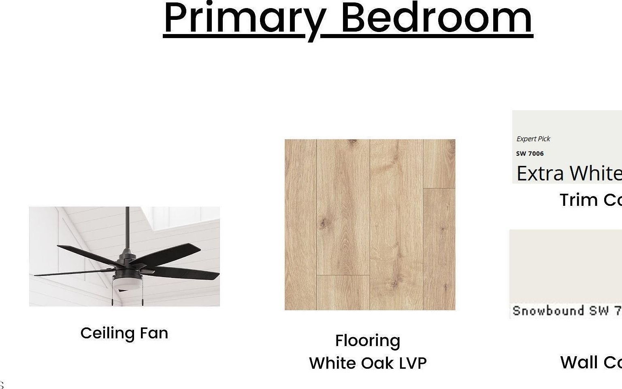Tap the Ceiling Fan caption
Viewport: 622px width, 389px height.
(124, 333)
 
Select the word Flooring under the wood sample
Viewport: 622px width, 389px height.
(368, 340)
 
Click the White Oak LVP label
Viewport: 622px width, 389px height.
(368, 363)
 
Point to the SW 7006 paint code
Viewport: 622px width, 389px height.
(530, 154)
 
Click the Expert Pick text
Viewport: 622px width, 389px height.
(533, 139)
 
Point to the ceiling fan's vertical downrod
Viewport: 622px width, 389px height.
(127, 227)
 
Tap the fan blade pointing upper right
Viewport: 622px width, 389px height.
(170, 253)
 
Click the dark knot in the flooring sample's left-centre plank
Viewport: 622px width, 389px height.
(325, 222)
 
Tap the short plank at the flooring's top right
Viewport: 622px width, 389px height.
(439, 163)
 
